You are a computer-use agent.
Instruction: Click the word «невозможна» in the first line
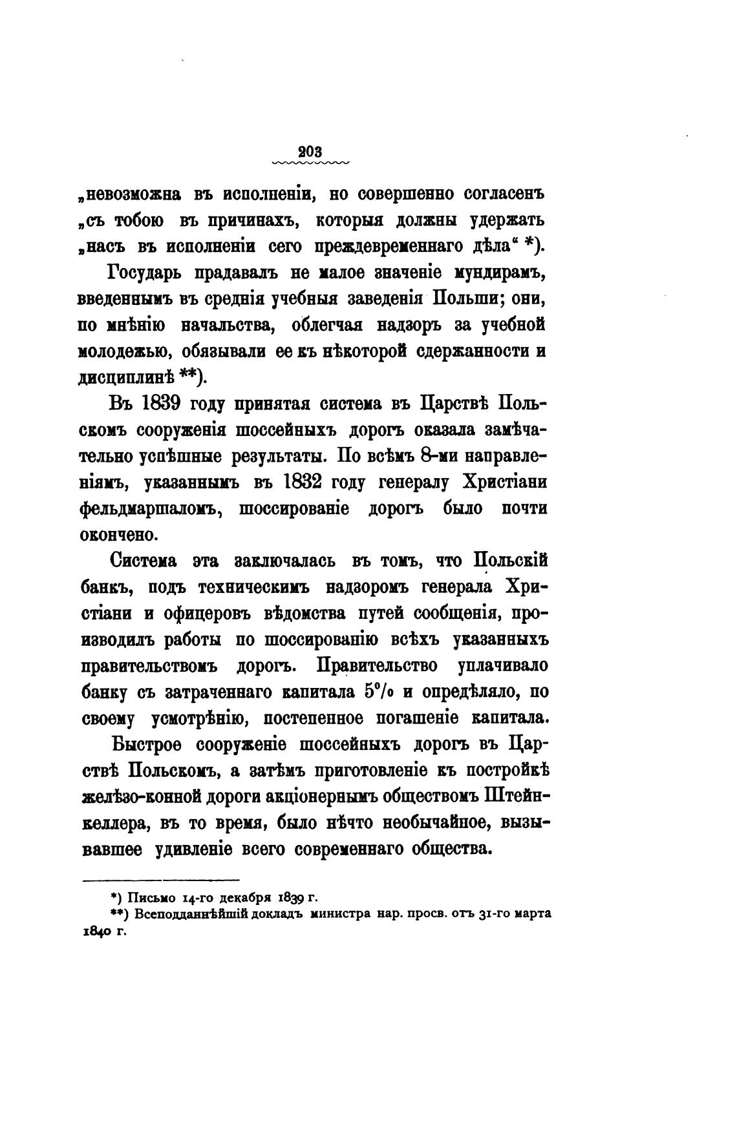[129, 194]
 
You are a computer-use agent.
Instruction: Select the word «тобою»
[138, 220]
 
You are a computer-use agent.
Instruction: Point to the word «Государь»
[149, 273]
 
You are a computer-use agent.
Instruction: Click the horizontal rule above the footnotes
[161, 879]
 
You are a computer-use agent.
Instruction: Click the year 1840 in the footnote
[93, 932]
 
